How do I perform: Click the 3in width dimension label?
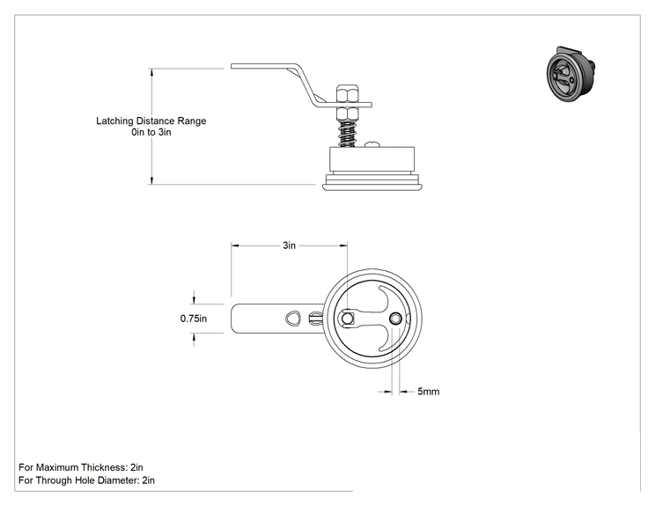(x=289, y=246)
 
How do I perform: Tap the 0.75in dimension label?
(x=194, y=319)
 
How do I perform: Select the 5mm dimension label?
(x=429, y=392)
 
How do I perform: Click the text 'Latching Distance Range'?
(x=151, y=121)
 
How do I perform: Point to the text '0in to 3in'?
(x=151, y=132)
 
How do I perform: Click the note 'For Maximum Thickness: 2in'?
(x=81, y=467)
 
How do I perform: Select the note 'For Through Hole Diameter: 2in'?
(x=86, y=480)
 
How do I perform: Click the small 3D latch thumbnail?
(x=570, y=73)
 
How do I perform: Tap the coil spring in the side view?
(x=346, y=134)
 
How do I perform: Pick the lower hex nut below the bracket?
(x=347, y=114)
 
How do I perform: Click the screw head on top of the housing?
(x=372, y=144)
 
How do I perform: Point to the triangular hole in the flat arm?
(x=293, y=319)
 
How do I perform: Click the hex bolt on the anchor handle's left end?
(x=347, y=319)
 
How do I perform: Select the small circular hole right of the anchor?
(x=395, y=319)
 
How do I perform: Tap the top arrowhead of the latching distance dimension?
(x=151, y=72)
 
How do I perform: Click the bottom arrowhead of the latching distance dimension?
(x=151, y=180)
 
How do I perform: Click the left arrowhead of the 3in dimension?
(x=235, y=246)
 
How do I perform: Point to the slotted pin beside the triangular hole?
(x=315, y=319)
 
